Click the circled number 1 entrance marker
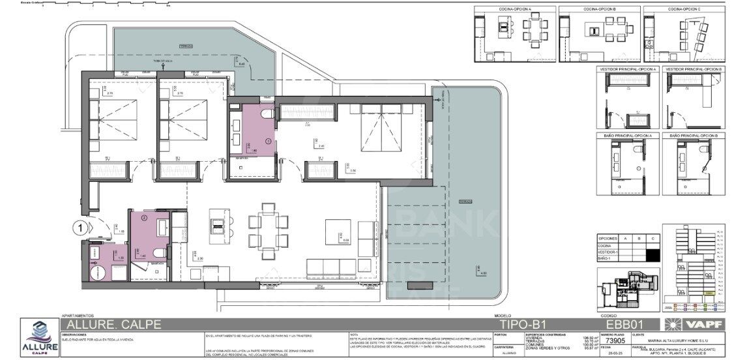(x=79, y=228)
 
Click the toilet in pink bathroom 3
(x=265, y=115)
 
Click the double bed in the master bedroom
(x=382, y=128)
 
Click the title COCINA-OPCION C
(x=682, y=10)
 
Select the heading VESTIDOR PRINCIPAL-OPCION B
(x=694, y=68)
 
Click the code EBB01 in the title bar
(x=625, y=324)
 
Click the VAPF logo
(x=694, y=324)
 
